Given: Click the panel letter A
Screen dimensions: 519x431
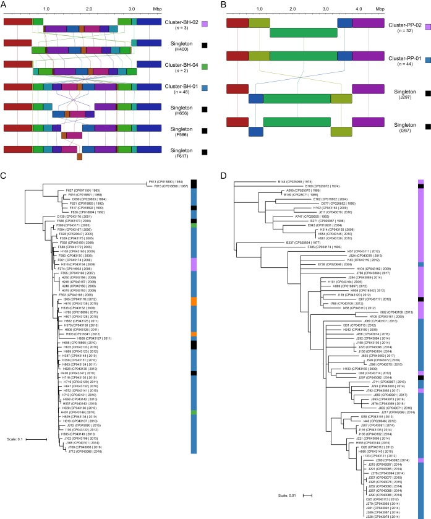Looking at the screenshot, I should (4, 5).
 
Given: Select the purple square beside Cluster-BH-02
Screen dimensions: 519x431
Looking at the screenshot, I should (205, 22).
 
